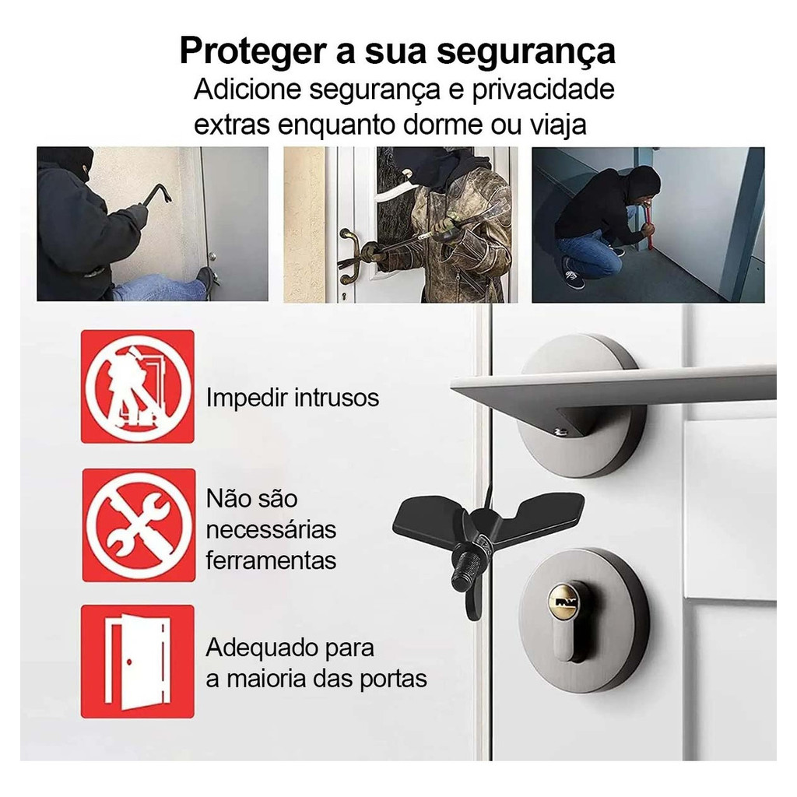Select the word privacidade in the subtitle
coord(542,90)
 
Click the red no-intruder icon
coord(138,386)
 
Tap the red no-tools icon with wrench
coord(139,525)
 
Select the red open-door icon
coord(138,662)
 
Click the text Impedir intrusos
coord(293,398)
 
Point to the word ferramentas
coord(271,560)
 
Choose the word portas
coord(393,679)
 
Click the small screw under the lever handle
coord(560,432)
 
